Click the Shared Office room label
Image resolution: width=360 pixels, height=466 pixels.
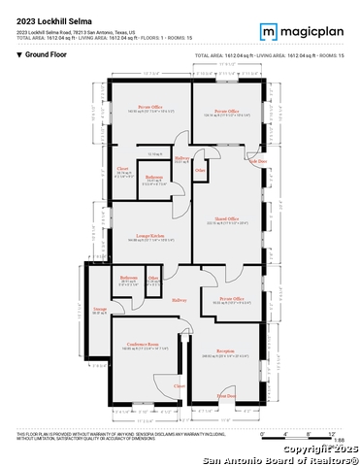227,219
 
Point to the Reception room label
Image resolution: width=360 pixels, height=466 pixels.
226,350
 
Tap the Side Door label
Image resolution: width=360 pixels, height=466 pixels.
257,161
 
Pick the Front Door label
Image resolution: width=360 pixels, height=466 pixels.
226,395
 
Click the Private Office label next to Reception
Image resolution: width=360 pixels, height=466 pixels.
232,298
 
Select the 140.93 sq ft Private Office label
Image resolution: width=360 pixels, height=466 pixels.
148,107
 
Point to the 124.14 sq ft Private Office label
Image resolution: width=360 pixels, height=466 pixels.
226,112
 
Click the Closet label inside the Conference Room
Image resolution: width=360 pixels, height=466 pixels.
179,385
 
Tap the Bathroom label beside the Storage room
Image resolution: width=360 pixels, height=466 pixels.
129,279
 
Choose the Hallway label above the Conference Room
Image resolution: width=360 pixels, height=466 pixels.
179,299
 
